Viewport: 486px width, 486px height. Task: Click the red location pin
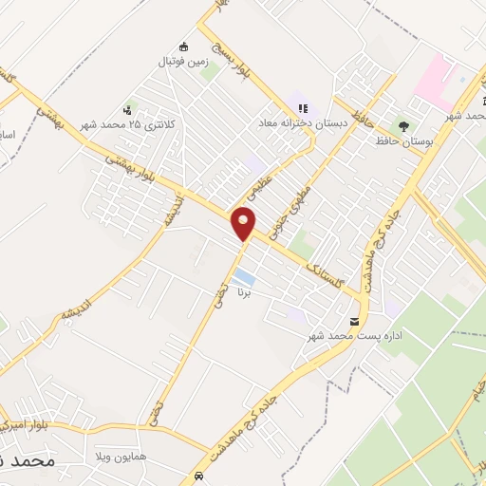[x=244, y=225]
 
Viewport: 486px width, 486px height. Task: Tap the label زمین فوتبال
[x=184, y=62]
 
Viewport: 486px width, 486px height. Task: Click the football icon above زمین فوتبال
[x=183, y=47]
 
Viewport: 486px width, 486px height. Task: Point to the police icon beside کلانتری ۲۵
[x=128, y=110]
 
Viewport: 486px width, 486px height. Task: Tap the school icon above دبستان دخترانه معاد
[x=303, y=108]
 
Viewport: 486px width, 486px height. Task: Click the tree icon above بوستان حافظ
[x=404, y=125]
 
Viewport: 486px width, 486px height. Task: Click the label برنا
[x=245, y=293]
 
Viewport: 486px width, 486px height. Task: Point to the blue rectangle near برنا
[x=244, y=277]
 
